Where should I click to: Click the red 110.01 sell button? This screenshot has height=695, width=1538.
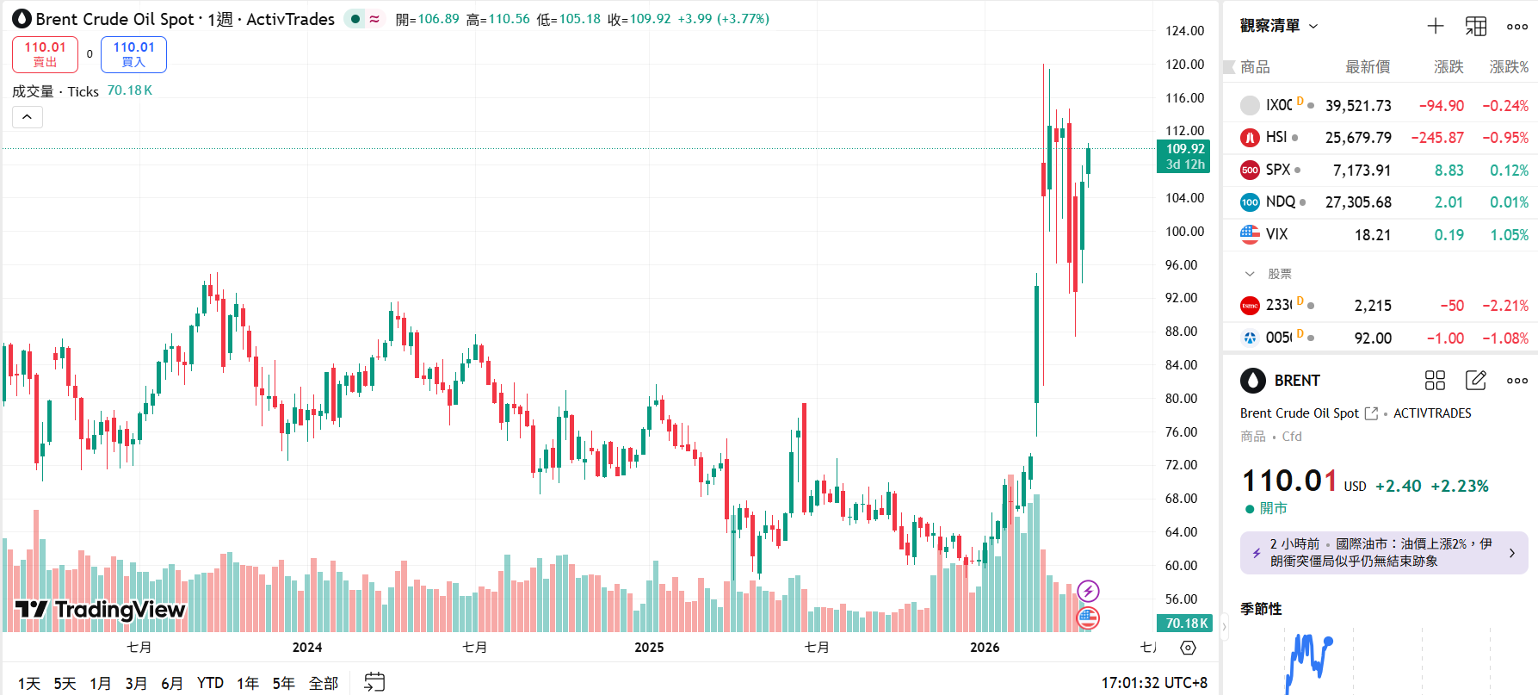(x=45, y=54)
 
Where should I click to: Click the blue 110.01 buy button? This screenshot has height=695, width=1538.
(x=133, y=54)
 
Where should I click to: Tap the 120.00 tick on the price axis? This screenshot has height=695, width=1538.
(x=1184, y=65)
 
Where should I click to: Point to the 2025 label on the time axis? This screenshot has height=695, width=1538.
(x=649, y=648)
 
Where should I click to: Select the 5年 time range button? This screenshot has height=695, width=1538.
(x=283, y=683)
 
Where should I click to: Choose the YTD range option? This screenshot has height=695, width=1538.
(x=210, y=683)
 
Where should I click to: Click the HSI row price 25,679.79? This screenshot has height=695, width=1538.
(x=1357, y=138)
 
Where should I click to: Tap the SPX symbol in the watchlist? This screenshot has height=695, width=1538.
(x=1277, y=170)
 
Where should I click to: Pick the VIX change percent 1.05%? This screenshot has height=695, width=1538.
(x=1509, y=234)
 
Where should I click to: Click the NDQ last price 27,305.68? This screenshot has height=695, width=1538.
(x=1357, y=202)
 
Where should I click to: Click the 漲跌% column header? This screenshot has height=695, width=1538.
(x=1509, y=67)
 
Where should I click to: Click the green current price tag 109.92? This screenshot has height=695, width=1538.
(x=1184, y=156)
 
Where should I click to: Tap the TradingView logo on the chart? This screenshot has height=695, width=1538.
(x=100, y=610)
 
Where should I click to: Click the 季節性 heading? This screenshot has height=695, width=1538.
(x=1261, y=609)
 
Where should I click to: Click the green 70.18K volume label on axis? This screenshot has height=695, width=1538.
(x=1185, y=623)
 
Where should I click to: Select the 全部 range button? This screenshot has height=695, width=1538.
(x=324, y=683)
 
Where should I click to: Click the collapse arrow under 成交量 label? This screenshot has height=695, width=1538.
(x=28, y=117)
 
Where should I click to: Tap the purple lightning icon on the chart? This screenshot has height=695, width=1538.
(x=1088, y=591)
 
